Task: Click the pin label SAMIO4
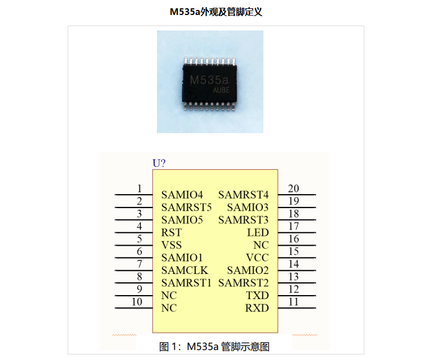coord(182,195)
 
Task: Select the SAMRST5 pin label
coord(186,207)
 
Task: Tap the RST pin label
coord(171,232)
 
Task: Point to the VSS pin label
coord(171,245)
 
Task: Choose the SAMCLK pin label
coord(185,270)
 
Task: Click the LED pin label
coord(258,232)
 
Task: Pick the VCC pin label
coord(257,258)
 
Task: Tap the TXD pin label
coord(257,296)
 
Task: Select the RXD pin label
coord(257,308)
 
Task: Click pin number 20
coord(293,189)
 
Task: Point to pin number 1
coord(139,189)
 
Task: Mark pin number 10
coord(137,302)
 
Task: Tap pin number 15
coord(293,251)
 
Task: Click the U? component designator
coord(159,163)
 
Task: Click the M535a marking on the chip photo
coord(209,80)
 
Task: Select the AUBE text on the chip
coord(221,90)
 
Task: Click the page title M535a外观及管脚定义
coord(216,12)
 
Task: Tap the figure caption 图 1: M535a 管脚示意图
coord(215,347)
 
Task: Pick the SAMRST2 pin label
coord(243,283)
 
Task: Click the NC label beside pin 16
coord(261,245)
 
